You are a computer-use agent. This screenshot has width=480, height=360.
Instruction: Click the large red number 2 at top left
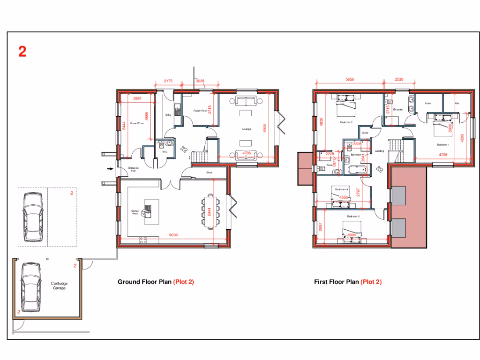pyautogui.click(x=22, y=52)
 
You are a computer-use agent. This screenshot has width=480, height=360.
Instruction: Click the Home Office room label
pyautogui.click(x=136, y=123)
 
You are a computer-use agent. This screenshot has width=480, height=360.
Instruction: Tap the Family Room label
pyautogui.click(x=200, y=111)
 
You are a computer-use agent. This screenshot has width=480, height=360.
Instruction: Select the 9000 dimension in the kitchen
pyautogui.click(x=173, y=235)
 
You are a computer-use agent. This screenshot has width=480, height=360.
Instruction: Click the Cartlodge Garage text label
pyautogui.click(x=59, y=286)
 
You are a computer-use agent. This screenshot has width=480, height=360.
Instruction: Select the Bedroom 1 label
pyautogui.click(x=443, y=145)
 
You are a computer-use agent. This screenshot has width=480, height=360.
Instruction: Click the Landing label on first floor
pyautogui.click(x=379, y=151)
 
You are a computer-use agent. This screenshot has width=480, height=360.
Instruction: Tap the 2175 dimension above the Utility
pyautogui.click(x=168, y=81)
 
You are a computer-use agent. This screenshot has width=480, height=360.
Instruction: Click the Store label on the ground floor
pyautogui.click(x=209, y=172)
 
